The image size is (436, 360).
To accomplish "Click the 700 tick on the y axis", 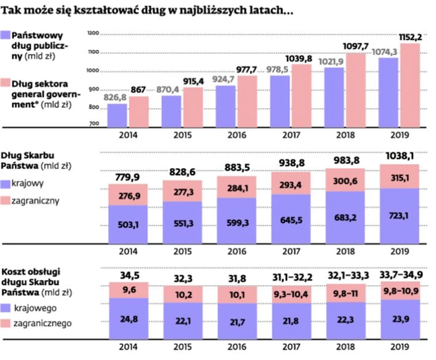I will point(93,124).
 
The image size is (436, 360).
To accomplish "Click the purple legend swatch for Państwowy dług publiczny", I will point(5,35).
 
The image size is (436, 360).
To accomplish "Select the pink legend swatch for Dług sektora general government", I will point(5,82).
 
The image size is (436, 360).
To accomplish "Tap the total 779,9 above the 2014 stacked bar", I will point(128,178).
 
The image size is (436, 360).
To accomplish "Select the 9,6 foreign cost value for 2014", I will point(128,289).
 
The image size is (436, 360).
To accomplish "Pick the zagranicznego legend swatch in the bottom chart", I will point(5,323).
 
